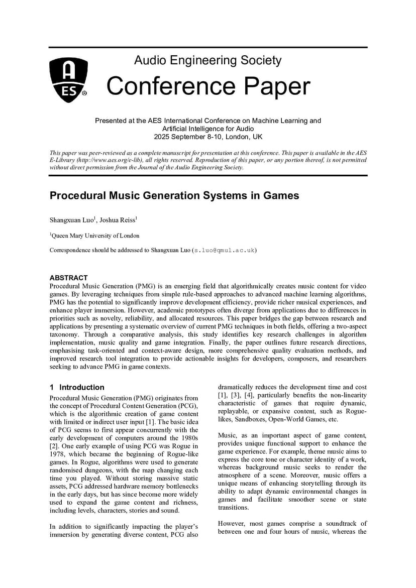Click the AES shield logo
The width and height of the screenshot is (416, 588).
(x=69, y=80)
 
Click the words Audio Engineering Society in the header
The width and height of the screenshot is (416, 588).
(x=207, y=61)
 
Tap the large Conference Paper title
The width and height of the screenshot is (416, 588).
(x=208, y=86)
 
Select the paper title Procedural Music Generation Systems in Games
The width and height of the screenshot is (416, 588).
(x=174, y=196)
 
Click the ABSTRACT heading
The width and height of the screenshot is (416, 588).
(x=68, y=278)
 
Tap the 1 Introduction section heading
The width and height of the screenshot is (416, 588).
(x=77, y=387)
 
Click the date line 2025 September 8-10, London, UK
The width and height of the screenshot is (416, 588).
(x=208, y=137)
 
